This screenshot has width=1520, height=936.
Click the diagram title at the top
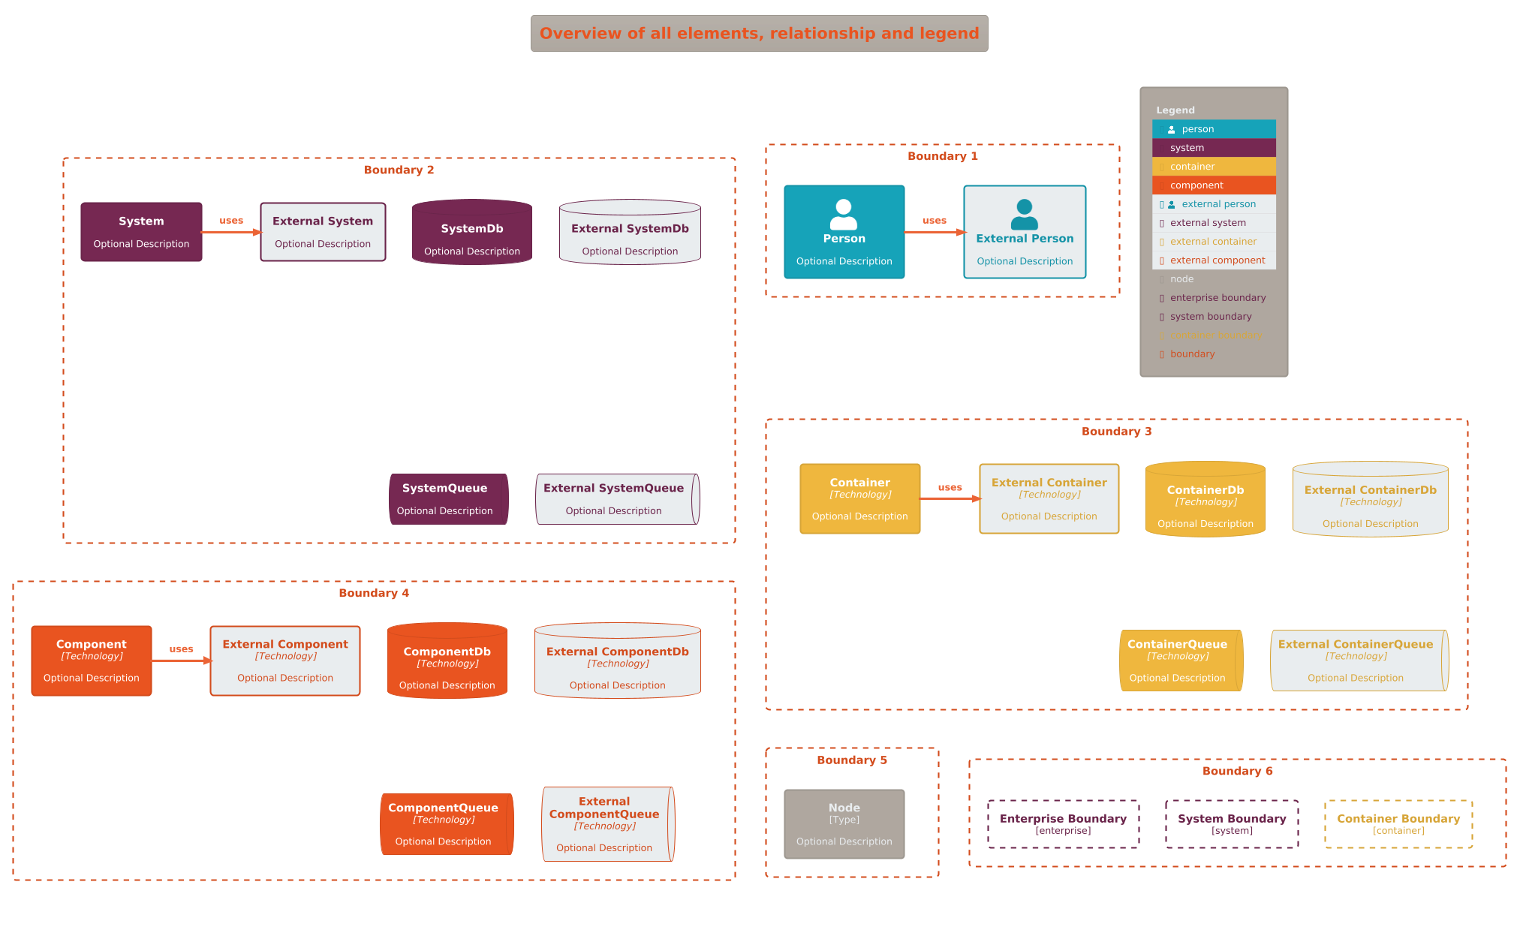(759, 34)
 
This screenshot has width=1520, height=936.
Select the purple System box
(141, 232)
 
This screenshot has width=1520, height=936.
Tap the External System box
(323, 232)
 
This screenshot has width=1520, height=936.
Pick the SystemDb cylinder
(471, 233)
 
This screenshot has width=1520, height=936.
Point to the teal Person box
(844, 232)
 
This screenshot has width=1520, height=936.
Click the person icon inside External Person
(1024, 214)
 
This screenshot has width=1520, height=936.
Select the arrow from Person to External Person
(934, 232)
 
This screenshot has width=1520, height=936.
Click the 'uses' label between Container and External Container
(950, 487)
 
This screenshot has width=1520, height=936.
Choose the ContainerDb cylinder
(1205, 500)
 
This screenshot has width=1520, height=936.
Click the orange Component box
(92, 661)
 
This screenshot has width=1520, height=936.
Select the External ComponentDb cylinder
(617, 661)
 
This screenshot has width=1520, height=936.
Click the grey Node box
(844, 824)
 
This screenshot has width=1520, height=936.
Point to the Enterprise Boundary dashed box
(1063, 824)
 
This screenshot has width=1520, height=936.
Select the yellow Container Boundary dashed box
(1398, 824)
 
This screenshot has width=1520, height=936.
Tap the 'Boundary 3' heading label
(1116, 432)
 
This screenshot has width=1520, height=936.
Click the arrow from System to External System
(231, 232)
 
